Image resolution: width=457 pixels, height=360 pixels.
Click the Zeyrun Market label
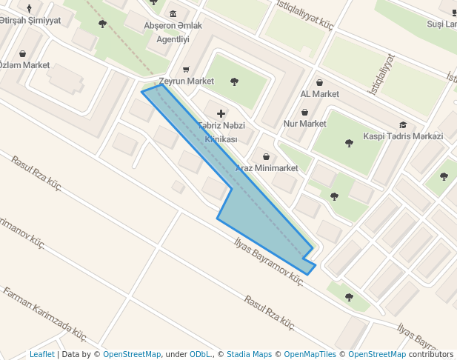point(186,81)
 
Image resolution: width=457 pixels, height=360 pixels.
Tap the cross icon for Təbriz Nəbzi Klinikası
point(221,113)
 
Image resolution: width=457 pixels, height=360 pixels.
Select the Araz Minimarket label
point(266,168)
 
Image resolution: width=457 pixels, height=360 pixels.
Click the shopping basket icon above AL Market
point(319,83)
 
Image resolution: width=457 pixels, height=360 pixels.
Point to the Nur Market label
point(304,124)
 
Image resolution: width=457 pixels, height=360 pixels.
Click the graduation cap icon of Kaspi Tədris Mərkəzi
point(403,125)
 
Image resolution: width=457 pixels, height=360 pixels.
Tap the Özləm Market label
point(24,65)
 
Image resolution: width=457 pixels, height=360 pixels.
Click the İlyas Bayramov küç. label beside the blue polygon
point(269,261)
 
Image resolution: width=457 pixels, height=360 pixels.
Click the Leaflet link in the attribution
point(42,355)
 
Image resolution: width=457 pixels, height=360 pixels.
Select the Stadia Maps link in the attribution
point(249,355)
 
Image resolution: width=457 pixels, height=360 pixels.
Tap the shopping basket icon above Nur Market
point(304,113)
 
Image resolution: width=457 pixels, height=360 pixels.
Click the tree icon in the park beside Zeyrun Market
point(235,81)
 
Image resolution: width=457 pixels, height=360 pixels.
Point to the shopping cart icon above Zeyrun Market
point(185,70)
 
